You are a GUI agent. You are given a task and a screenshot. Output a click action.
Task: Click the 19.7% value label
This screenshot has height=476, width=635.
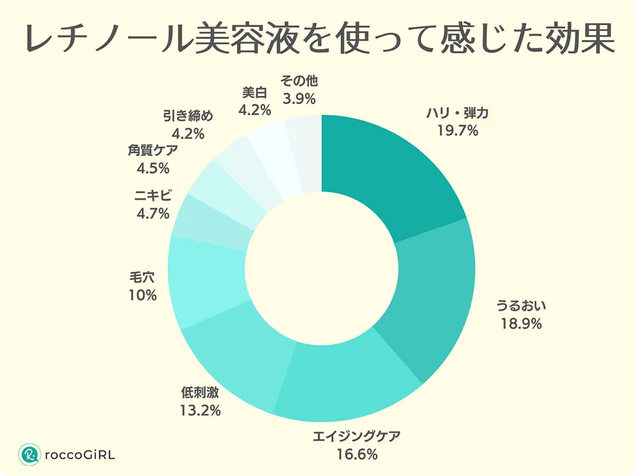pyautogui.click(x=457, y=130)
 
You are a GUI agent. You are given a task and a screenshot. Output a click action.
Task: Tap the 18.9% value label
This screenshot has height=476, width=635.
pyautogui.click(x=521, y=324)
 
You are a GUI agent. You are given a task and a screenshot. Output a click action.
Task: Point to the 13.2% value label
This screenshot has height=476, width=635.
pyautogui.click(x=200, y=411)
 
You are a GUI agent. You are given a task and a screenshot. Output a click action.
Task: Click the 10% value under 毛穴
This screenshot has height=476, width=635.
pyautogui.click(x=143, y=295)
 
